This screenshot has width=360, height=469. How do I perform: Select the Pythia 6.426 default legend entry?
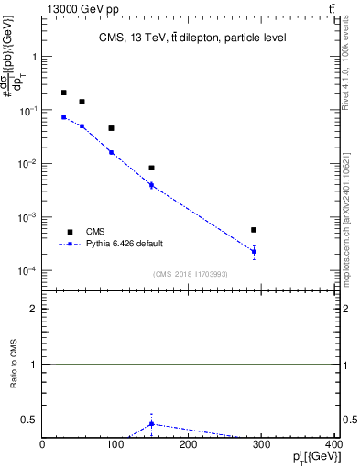coord(125,244)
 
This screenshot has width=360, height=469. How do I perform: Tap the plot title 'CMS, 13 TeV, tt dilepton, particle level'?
coord(193,38)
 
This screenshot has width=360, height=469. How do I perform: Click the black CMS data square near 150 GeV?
coord(151,168)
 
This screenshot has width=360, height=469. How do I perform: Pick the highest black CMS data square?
coord(63,93)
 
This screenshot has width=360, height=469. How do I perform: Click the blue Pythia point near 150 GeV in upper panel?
coord(151,185)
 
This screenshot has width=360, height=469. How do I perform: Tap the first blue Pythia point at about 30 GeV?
coord(63,117)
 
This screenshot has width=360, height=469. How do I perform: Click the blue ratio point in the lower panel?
coord(151,423)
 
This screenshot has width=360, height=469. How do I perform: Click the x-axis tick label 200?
coord(189,446)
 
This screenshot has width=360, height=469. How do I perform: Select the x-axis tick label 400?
coord(334,446)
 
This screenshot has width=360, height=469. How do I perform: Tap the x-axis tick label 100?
coord(115,446)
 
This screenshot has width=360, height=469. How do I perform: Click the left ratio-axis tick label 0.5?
coord(29,420)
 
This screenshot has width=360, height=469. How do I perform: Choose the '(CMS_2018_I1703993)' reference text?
coord(191,274)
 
